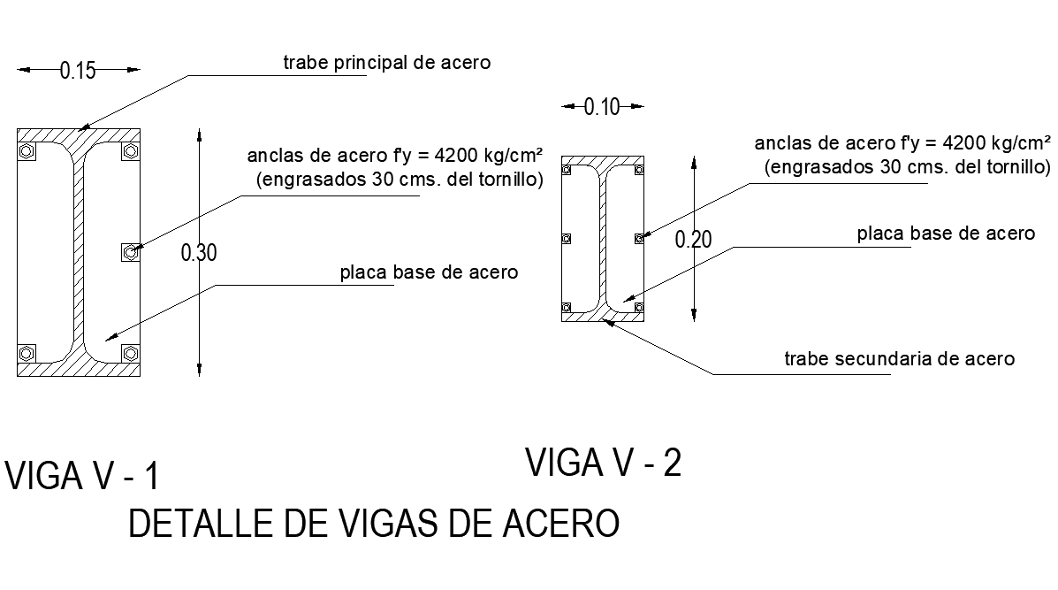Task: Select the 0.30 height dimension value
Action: pyautogui.click(x=198, y=253)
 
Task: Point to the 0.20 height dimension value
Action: pyautogui.click(x=692, y=239)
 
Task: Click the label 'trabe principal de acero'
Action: pyautogui.click(x=386, y=63)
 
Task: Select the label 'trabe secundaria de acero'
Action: pyautogui.click(x=900, y=359)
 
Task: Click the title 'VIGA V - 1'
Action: pyautogui.click(x=82, y=476)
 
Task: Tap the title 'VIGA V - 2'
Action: pyautogui.click(x=604, y=463)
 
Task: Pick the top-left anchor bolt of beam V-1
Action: pyautogui.click(x=27, y=151)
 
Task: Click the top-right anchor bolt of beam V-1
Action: pyautogui.click(x=130, y=151)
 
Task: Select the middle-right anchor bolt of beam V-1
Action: pyautogui.click(x=130, y=253)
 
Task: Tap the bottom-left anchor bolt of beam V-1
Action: pyautogui.click(x=27, y=354)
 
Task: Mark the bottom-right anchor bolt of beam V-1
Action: pyautogui.click(x=130, y=354)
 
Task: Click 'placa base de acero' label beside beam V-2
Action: pyautogui.click(x=945, y=234)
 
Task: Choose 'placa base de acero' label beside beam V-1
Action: pyautogui.click(x=429, y=272)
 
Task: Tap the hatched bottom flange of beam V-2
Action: pyautogui.click(x=604, y=315)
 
